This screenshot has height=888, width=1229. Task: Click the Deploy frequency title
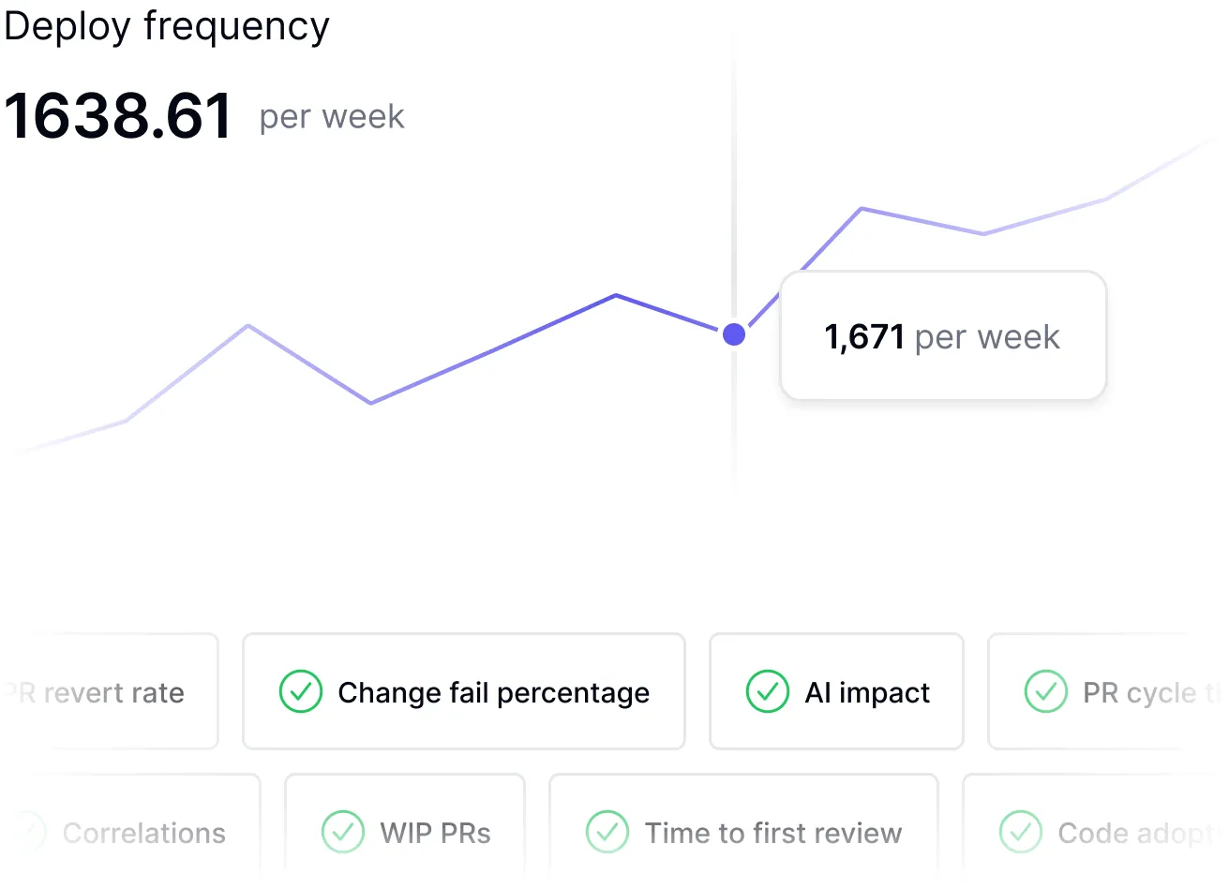(167, 26)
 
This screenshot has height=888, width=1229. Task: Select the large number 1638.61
(118, 116)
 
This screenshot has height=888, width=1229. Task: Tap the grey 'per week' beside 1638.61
(332, 117)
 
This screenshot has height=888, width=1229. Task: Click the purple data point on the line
(734, 333)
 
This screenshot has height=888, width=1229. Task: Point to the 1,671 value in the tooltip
(863, 337)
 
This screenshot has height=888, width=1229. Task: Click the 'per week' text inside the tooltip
(987, 337)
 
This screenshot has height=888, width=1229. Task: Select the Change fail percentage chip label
(493, 693)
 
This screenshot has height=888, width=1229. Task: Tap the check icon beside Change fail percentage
(301, 692)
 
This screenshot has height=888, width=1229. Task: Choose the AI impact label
(867, 693)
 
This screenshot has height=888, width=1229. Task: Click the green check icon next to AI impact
(767, 692)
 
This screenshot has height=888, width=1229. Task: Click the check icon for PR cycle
(1045, 692)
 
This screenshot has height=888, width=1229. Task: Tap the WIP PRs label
(435, 833)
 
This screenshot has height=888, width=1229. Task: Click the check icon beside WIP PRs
(343, 832)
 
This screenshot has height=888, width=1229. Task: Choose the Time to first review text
(773, 833)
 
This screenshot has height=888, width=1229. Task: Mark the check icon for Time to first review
(607, 832)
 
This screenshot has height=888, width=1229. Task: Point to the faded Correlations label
(144, 833)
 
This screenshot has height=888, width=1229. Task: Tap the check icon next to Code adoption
(1020, 832)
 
